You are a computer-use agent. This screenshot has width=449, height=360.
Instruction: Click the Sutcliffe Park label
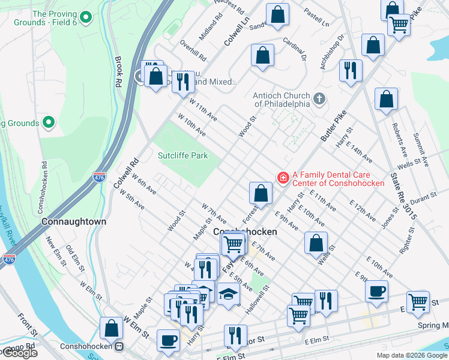click(x=182, y=155)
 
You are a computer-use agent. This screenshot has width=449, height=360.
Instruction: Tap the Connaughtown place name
click(x=74, y=221)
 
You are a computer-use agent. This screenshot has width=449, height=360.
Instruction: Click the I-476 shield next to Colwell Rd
click(x=100, y=178)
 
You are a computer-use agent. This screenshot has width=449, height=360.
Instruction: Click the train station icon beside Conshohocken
click(x=119, y=346)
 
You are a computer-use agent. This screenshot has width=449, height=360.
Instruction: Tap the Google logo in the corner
click(x=19, y=352)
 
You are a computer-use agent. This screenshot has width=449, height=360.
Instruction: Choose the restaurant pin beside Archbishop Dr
click(x=350, y=70)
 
